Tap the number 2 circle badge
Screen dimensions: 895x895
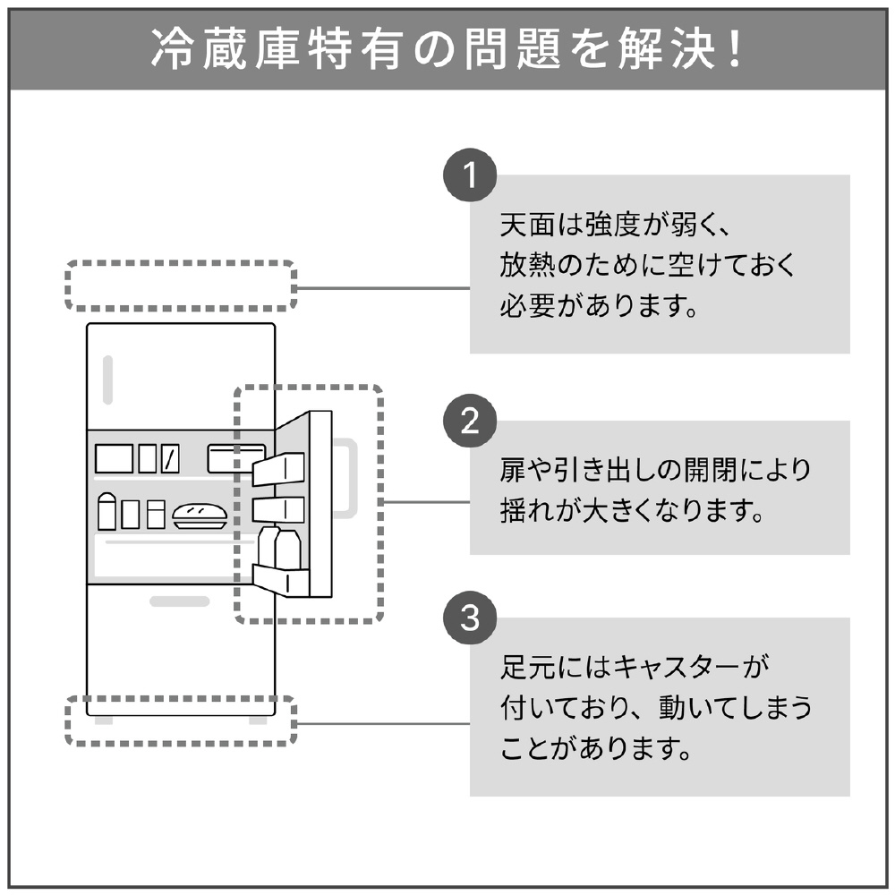click(x=469, y=421)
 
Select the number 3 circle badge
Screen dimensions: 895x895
click(x=469, y=618)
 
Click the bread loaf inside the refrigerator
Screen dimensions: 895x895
click(x=201, y=515)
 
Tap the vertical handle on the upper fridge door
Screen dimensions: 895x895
click(x=107, y=379)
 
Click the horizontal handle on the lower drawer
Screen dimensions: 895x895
click(x=179, y=601)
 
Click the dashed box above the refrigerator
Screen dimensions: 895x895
click(x=180, y=286)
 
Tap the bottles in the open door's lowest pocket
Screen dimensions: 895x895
click(x=279, y=548)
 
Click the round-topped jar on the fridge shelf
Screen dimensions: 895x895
click(x=107, y=511)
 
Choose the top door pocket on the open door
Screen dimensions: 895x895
click(x=277, y=469)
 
